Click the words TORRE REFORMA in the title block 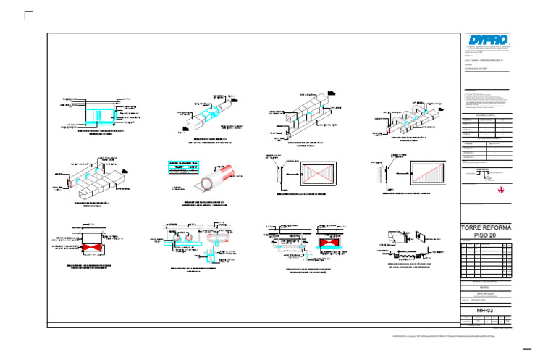click(486, 228)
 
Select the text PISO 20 click(486, 236)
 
